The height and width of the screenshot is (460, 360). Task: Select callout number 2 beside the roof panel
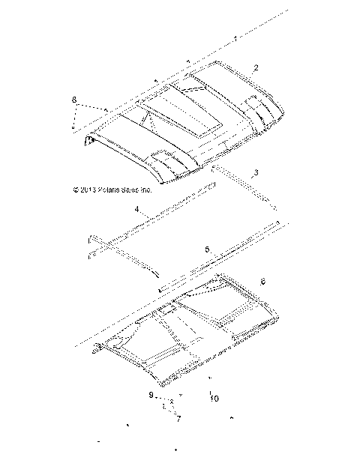[256, 67]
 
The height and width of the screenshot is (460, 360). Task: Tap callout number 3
[256, 172]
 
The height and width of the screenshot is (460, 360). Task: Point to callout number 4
[137, 211]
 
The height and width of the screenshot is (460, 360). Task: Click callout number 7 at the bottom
[178, 419]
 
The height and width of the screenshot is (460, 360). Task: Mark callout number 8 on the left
[74, 99]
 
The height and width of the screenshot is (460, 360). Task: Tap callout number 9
[150, 395]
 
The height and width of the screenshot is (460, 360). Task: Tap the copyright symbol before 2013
[76, 190]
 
